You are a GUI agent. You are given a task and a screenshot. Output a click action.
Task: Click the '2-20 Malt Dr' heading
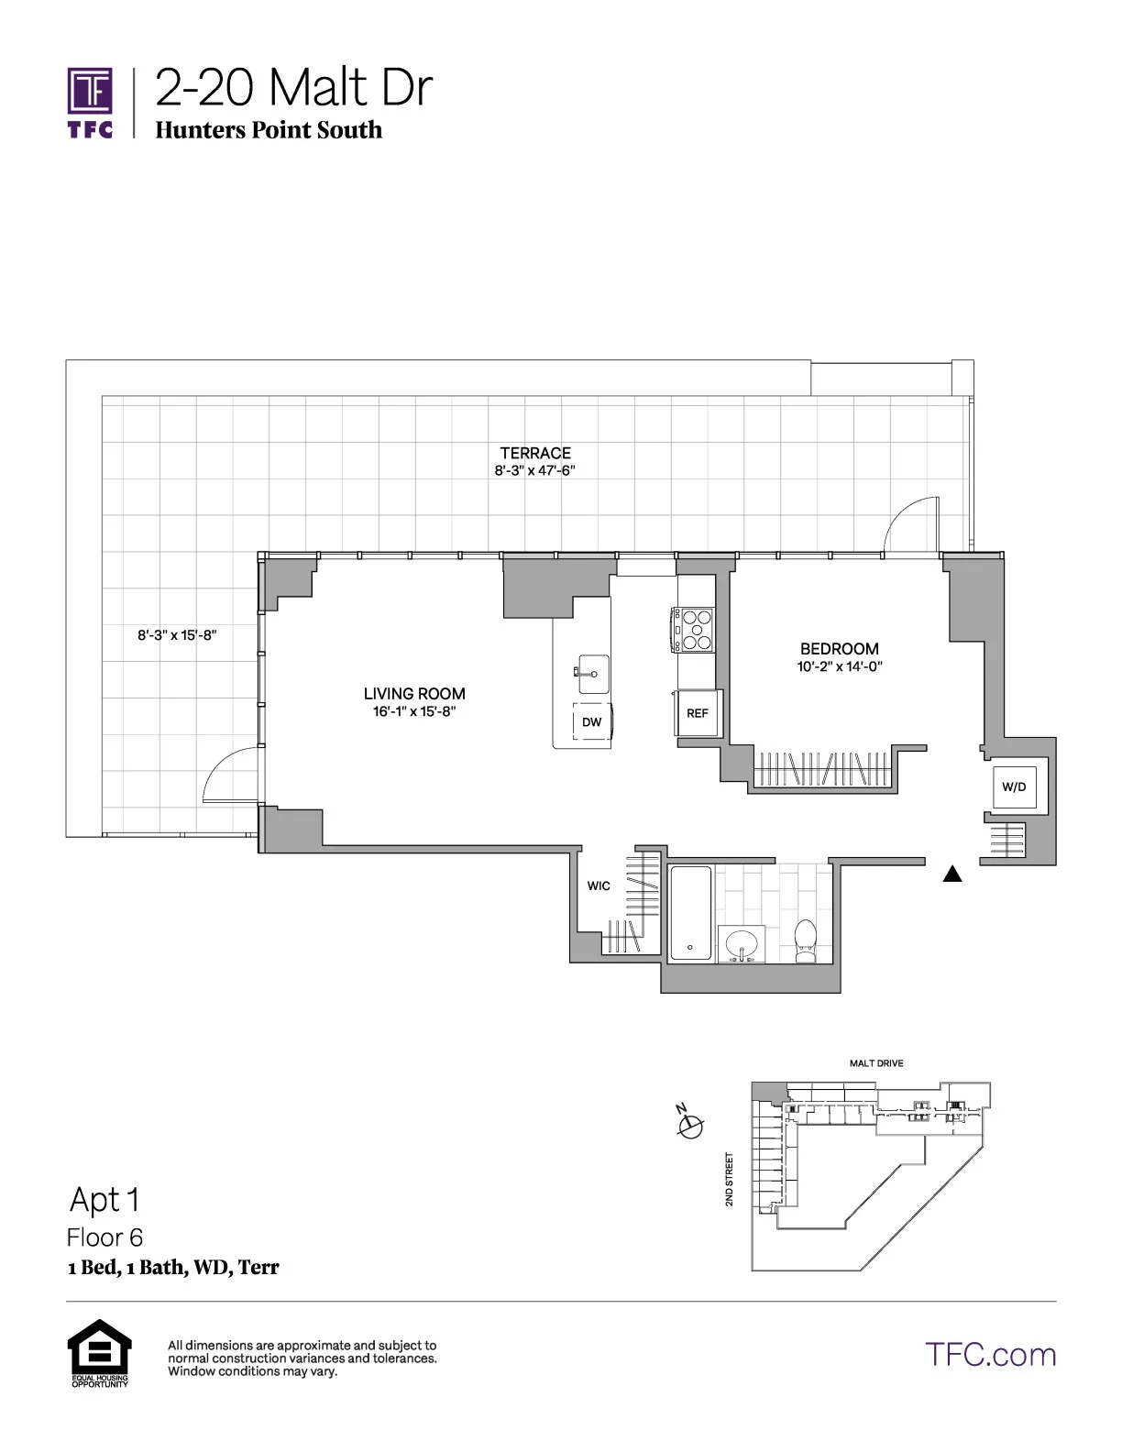click(x=292, y=89)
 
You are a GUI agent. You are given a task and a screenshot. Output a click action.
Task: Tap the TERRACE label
click(x=535, y=453)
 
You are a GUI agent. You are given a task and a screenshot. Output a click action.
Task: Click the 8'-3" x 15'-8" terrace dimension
click(x=177, y=634)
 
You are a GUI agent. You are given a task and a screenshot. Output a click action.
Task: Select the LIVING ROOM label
click(x=414, y=694)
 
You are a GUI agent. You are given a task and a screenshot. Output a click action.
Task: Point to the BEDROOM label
click(x=839, y=649)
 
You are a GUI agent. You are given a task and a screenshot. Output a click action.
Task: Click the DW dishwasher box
click(x=592, y=722)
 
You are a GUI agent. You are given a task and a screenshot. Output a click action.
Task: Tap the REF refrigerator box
click(x=698, y=713)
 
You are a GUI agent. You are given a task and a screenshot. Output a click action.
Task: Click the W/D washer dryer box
click(x=1014, y=787)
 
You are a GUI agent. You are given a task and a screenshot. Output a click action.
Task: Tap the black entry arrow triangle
click(x=952, y=874)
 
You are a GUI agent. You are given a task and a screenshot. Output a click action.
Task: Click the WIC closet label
click(x=599, y=885)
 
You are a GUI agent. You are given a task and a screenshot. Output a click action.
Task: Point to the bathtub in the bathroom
click(x=690, y=914)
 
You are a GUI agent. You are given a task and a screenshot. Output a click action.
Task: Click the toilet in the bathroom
click(x=805, y=940)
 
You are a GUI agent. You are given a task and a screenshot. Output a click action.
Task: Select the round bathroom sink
click(x=741, y=943)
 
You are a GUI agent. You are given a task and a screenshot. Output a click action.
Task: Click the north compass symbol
click(x=690, y=1123)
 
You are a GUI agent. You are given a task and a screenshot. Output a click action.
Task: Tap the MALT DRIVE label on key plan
click(x=876, y=1063)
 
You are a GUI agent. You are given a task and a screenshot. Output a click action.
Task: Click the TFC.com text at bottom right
click(x=990, y=1355)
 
